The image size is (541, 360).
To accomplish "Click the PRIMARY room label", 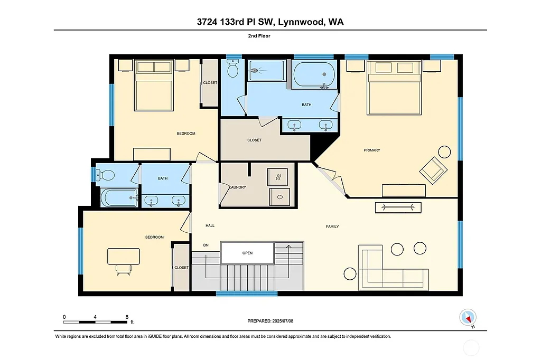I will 372,150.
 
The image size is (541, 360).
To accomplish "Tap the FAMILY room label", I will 332,226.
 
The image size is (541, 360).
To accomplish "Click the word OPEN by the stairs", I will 247,253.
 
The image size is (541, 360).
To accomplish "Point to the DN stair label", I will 206,245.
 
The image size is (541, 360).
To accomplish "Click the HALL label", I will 210,226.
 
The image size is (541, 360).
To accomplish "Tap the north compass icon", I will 468,317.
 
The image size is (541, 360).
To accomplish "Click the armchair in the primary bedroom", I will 433,170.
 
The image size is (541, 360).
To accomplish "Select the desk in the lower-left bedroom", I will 124,257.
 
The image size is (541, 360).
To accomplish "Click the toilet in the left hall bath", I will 106,174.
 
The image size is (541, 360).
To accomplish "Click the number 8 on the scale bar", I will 127,317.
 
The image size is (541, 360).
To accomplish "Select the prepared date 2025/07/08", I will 270,321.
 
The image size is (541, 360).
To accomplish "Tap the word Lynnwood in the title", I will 295,22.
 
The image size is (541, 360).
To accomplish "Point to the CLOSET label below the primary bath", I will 254,140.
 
